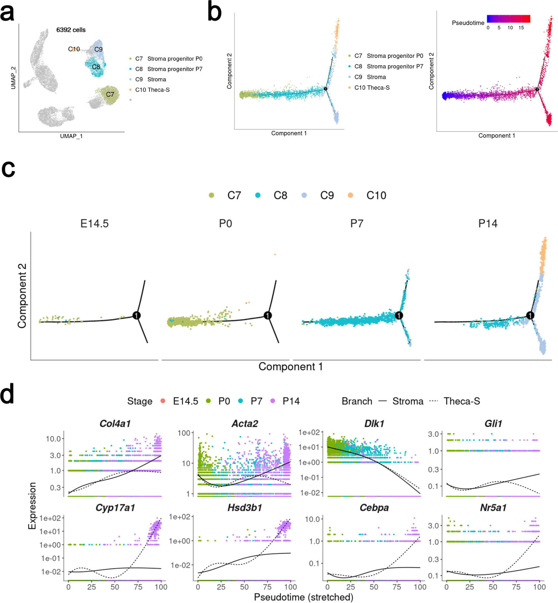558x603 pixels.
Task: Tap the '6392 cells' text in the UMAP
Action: [71, 30]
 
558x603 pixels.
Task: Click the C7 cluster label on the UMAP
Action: [110, 94]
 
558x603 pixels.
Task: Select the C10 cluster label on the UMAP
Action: [74, 49]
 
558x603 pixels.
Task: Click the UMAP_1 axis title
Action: [71, 136]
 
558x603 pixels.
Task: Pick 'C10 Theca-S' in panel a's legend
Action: [152, 90]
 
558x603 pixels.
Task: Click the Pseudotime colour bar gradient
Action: [508, 19]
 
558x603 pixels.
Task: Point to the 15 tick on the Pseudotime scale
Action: [521, 28]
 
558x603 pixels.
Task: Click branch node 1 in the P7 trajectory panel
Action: [399, 315]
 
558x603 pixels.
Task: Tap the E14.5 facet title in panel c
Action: [94, 224]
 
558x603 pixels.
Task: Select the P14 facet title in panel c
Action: [488, 224]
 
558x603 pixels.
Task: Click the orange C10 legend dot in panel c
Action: [350, 195]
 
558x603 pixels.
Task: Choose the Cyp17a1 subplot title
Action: [115, 508]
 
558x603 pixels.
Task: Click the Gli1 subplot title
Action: [493, 424]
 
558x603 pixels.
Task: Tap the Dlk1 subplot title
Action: [374, 424]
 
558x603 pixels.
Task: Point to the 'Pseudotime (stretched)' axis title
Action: [303, 597]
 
